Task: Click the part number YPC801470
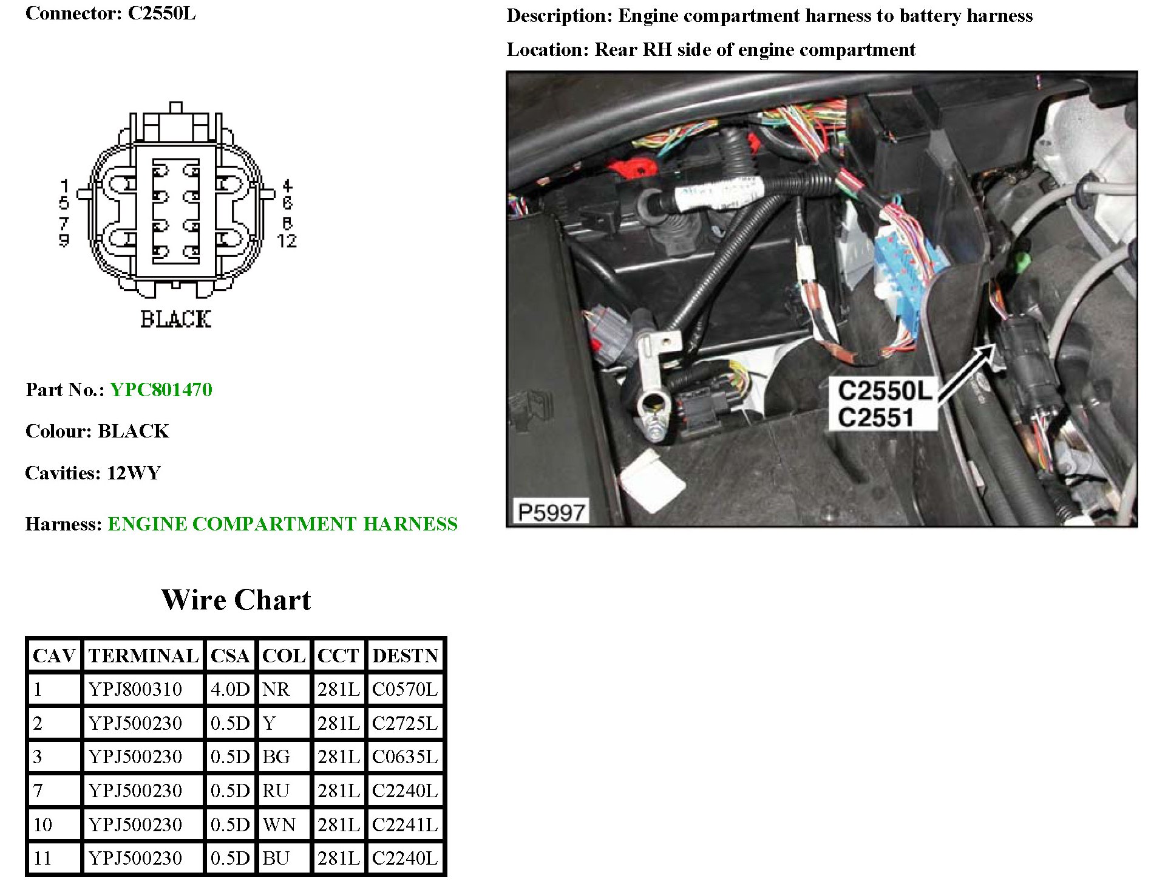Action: click(161, 389)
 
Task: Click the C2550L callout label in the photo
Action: click(884, 391)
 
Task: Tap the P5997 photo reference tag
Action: click(551, 512)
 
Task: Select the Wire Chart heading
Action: click(236, 600)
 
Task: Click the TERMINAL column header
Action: click(143, 656)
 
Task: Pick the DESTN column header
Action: click(405, 656)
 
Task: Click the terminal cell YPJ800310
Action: click(135, 690)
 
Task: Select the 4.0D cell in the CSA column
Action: click(230, 690)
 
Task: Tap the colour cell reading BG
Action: click(276, 757)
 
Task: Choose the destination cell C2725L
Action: click(405, 724)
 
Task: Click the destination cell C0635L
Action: click(405, 757)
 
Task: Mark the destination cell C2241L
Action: click(405, 825)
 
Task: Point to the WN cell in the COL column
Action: click(279, 825)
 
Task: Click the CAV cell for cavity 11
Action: click(42, 858)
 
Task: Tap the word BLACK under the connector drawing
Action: click(175, 319)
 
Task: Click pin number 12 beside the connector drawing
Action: click(287, 241)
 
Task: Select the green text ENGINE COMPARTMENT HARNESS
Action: click(282, 524)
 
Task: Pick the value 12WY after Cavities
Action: click(134, 473)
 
